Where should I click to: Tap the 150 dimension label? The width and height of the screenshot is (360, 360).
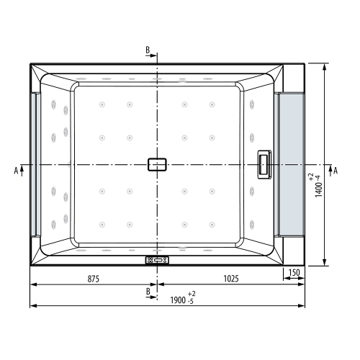pos(293,274)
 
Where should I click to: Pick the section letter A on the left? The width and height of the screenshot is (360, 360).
pos(15,171)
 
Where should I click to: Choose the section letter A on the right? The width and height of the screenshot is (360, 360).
pos(335,171)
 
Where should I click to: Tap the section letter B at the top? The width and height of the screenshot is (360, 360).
pos(148,50)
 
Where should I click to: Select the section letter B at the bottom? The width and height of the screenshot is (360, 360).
pos(148,291)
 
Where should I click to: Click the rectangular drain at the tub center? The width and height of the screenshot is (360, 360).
pos(157,165)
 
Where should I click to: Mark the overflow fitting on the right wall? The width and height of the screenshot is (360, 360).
pos(264,165)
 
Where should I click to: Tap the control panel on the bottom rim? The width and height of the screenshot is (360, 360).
pos(157,261)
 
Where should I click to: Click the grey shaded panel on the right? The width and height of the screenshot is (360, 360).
pos(292,165)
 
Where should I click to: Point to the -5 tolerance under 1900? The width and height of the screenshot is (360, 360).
pos(190,302)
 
